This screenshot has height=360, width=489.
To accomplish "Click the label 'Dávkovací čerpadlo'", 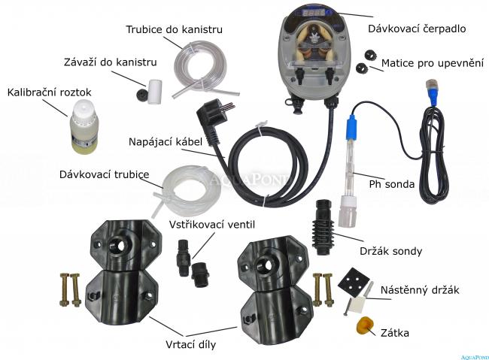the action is click(417, 29).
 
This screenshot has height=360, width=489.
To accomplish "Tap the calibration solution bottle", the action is click(83, 127).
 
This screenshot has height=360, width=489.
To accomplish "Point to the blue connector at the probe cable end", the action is click(434, 92).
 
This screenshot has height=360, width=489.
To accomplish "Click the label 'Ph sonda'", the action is click(392, 184).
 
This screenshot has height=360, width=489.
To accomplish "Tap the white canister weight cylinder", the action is click(154, 92).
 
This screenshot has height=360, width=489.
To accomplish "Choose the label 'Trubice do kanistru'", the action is click(174, 29).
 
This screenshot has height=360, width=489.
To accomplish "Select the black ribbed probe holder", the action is click(322, 227).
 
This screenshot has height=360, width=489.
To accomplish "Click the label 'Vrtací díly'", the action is click(190, 344).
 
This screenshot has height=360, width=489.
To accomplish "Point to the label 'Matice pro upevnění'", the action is click(433, 63).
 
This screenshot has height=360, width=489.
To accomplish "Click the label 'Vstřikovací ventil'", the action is click(212, 225).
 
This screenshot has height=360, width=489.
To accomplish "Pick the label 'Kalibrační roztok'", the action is click(49, 92).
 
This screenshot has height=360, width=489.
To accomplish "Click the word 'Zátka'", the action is click(395, 333).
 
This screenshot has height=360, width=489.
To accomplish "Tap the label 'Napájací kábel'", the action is click(166, 142).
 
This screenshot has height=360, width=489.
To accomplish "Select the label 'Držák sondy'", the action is click(390, 251).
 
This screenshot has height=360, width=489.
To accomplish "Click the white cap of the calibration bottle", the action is click(84, 107).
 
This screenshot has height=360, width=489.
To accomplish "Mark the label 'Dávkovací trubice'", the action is click(104, 174).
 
